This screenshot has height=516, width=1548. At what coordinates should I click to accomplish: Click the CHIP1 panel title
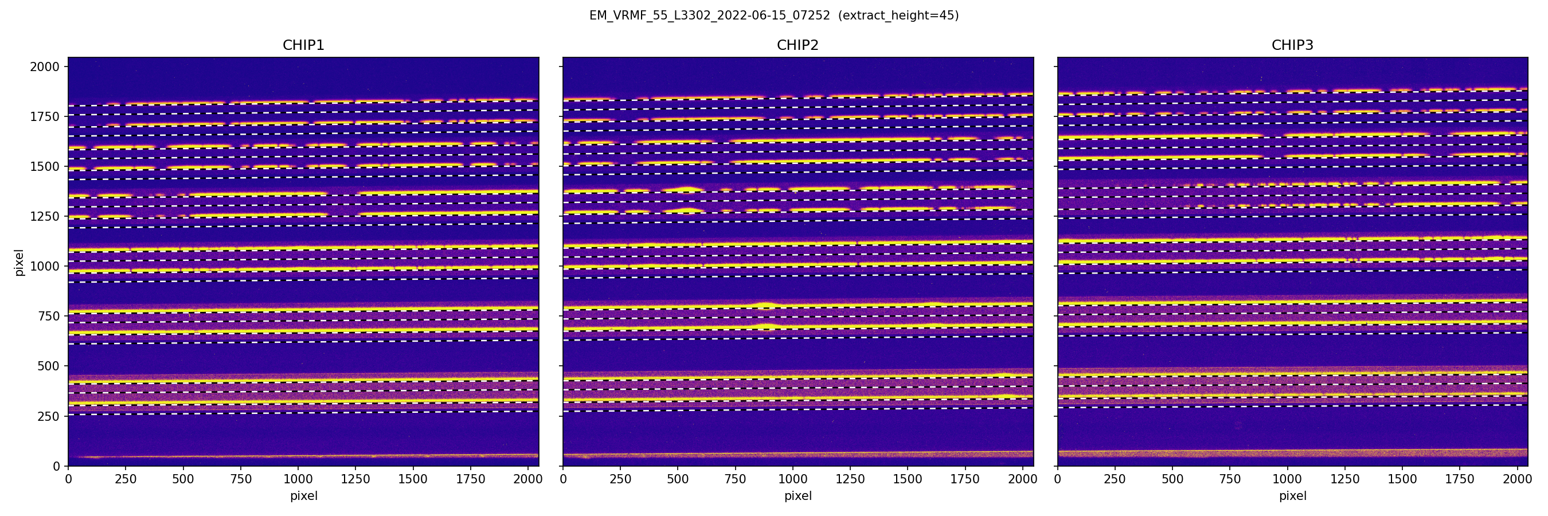coord(303,45)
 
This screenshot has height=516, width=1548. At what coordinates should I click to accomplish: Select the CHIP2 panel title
coord(798,45)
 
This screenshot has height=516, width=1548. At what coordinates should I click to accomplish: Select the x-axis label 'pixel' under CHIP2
coord(798,496)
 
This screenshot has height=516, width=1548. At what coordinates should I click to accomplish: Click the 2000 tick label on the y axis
coord(45,67)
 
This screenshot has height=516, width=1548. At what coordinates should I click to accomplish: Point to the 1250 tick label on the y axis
coord(45,216)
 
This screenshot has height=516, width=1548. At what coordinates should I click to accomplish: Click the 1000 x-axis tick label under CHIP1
coord(298,479)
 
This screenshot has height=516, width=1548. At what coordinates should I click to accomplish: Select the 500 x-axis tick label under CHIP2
coord(678,479)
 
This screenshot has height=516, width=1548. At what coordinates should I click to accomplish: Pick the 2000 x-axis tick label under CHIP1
coord(528,479)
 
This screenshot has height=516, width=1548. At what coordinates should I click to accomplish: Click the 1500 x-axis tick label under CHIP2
coord(908,479)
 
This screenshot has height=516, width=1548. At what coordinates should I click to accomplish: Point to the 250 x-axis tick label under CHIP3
coord(1115,479)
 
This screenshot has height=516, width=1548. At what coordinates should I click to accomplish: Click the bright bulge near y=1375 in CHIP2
coord(688,190)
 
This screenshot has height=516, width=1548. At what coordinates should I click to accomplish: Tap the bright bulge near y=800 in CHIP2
coord(764,304)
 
